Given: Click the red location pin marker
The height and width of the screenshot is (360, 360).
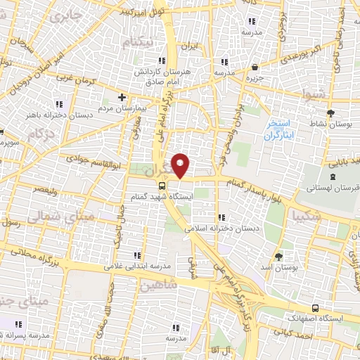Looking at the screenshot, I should point(181,165).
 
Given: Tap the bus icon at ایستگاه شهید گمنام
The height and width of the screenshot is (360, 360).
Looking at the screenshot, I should point(162,186).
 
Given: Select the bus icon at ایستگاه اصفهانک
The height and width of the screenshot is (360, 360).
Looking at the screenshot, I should point(314,308).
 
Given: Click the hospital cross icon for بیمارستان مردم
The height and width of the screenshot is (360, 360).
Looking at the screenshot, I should point(122,96).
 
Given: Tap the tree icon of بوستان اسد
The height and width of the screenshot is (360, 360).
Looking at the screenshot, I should point(279,256).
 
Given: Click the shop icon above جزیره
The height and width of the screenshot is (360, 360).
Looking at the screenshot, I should point(254,67).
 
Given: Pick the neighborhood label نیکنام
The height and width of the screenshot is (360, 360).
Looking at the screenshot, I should point(137,43).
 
